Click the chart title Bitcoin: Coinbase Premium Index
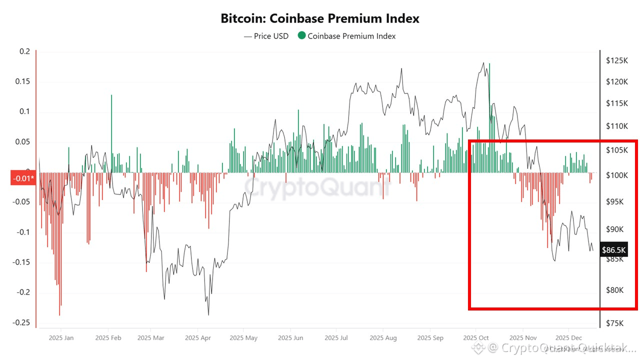(320, 18)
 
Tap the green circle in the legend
(301, 35)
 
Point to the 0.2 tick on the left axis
(25, 51)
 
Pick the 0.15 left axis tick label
(23, 81)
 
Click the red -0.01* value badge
(23, 178)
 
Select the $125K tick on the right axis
(616, 60)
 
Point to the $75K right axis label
(616, 323)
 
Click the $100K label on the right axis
(616, 175)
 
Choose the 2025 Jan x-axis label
(60, 338)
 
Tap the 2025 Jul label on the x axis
(337, 338)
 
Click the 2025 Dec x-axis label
(568, 338)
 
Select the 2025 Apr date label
(197, 338)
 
